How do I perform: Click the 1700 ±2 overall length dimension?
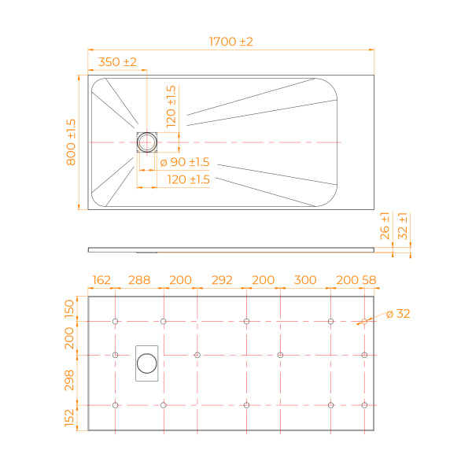[x=230, y=42]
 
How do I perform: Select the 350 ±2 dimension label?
[x=117, y=61]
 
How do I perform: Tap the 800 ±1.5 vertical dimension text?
[x=71, y=142]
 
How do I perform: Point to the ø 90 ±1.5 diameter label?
[x=184, y=162]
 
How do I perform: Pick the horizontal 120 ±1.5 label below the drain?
[x=189, y=179]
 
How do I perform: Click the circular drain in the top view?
[x=147, y=142]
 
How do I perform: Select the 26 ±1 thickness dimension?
[x=385, y=226]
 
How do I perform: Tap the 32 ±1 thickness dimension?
[x=403, y=226]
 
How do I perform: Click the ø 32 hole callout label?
[x=398, y=313]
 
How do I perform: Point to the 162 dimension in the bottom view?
[x=101, y=280]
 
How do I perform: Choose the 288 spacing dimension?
[x=139, y=280]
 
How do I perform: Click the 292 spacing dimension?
[x=222, y=280]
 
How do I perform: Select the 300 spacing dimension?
[x=304, y=280]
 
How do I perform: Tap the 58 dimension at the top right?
[x=368, y=280]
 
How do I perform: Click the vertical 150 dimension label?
[x=69, y=308]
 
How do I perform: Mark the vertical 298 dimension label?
[x=69, y=380]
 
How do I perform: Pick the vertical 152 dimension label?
[x=69, y=418]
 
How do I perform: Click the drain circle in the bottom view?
[x=147, y=363]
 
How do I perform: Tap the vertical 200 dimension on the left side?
[x=69, y=339]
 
